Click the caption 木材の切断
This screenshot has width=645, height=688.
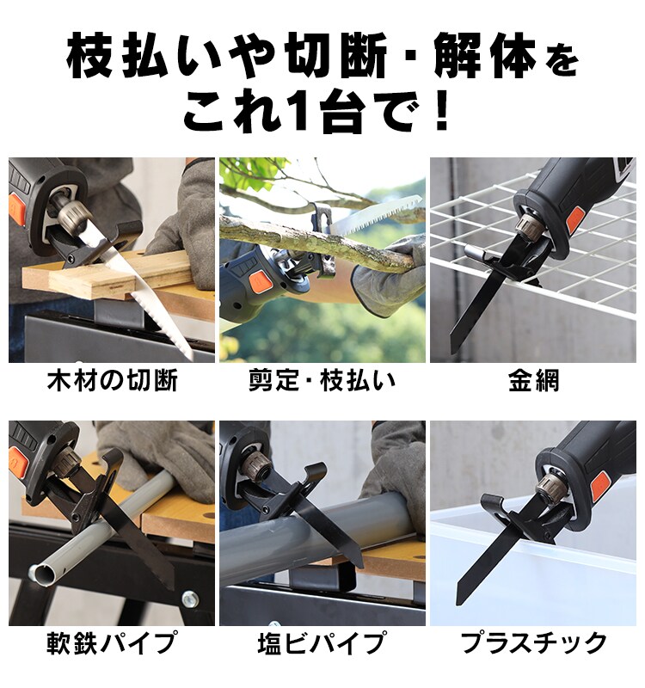coord(112,381)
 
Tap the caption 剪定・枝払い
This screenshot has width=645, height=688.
coord(322,381)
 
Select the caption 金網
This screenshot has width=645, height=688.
coord(533,381)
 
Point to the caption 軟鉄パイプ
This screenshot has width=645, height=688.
coord(112,642)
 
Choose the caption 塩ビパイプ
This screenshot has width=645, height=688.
coord(322,642)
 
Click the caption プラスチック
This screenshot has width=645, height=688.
coord(533,642)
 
